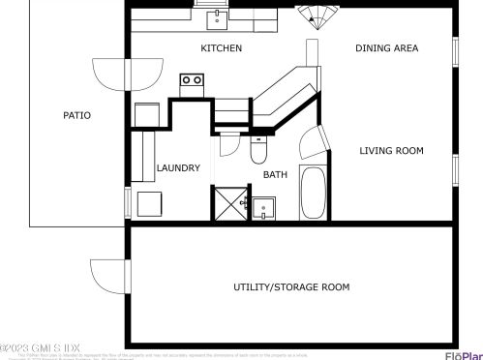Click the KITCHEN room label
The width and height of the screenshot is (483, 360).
point(221,48)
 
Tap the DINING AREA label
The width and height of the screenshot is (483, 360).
point(386,48)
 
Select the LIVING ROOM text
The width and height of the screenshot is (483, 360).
point(391,150)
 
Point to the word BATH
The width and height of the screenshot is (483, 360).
point(275,175)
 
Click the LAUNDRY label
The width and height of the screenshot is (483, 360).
point(178,168)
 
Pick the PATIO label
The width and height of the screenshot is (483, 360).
point(76,115)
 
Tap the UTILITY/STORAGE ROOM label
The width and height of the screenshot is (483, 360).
point(291,287)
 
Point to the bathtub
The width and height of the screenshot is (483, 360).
point(314,193)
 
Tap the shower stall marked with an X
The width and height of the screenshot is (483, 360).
point(228,203)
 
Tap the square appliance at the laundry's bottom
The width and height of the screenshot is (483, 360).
point(149,205)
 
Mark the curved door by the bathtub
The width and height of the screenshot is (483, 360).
point(311,147)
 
